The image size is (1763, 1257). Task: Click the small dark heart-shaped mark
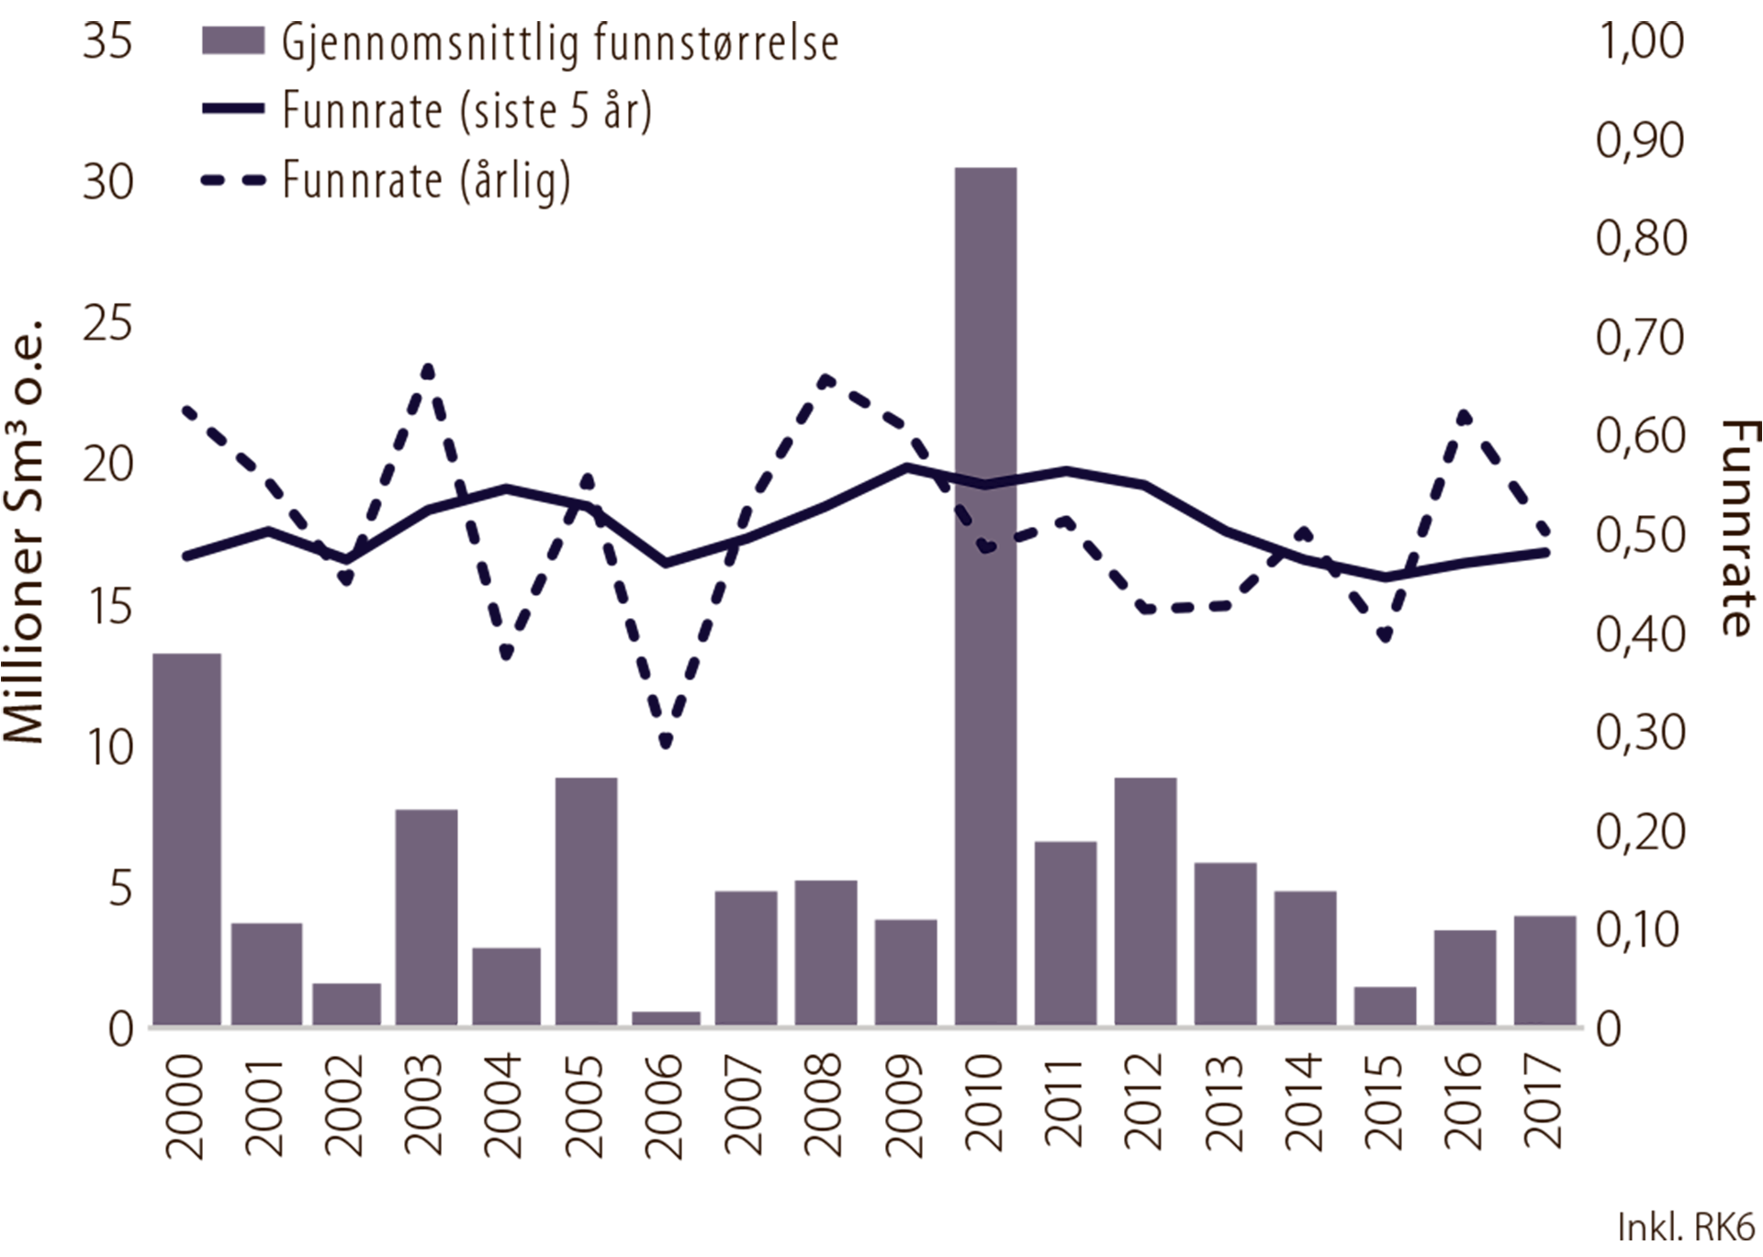pos(987,547)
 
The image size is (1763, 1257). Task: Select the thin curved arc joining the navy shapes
pos(984,478)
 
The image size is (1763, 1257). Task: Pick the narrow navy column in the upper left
pos(220,184)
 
